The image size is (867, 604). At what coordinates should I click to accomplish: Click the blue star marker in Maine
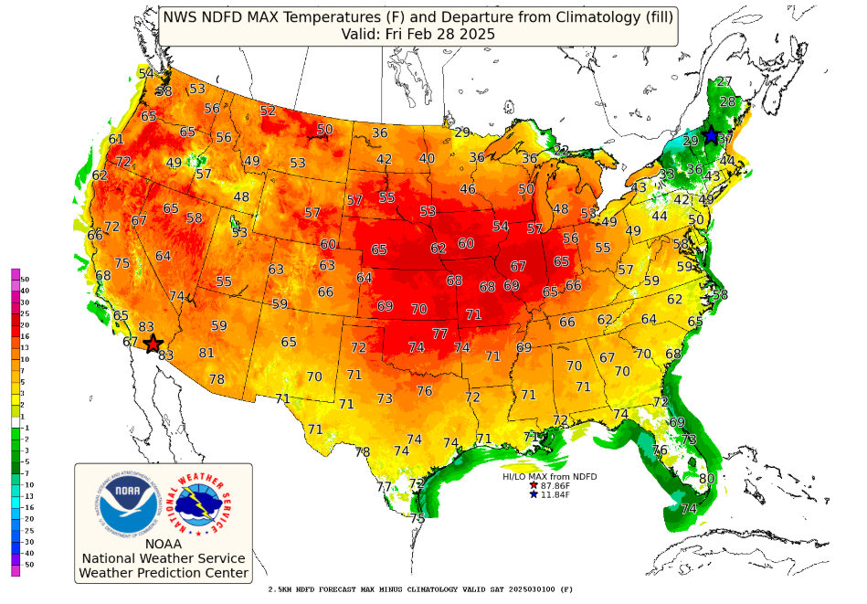click(710, 136)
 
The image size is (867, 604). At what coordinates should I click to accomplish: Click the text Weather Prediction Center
click(164, 573)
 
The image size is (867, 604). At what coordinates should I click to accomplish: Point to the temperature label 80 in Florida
click(706, 479)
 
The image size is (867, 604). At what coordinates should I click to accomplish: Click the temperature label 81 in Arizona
click(206, 353)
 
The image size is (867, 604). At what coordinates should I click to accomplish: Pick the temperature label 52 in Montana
click(268, 111)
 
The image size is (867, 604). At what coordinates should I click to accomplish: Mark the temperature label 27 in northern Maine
click(724, 82)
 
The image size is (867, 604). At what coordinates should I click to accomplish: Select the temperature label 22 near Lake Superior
click(561, 150)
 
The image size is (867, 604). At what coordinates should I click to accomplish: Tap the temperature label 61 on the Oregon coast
click(116, 139)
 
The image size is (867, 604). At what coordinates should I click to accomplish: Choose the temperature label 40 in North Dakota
click(427, 158)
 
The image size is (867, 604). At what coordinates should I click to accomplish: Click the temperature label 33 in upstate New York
click(667, 175)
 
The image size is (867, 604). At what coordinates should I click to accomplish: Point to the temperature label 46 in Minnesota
click(468, 189)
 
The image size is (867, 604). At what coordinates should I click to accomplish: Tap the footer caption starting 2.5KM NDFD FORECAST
click(420, 590)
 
